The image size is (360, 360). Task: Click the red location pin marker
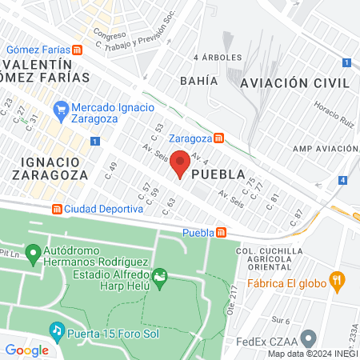pos(180,163)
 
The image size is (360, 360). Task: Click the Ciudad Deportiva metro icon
pos(57,209)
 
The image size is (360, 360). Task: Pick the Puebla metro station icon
pos(222,233)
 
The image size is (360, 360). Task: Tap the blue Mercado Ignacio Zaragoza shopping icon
pos(61,108)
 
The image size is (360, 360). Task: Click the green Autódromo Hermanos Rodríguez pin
pos(33,255)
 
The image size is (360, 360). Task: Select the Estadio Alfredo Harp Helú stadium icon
pos(160,278)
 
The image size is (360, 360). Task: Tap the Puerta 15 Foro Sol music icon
pos(56,329)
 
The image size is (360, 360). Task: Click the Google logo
pos(26,350)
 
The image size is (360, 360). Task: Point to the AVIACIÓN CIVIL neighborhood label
pos(295,82)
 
